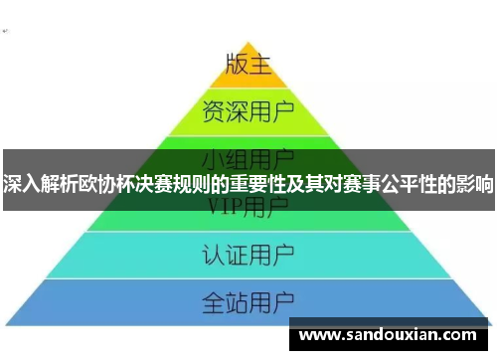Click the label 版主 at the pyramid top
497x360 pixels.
point(248,64)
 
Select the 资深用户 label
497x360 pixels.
point(248,107)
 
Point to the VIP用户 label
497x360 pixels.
point(248,206)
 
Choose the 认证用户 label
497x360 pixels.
point(248,253)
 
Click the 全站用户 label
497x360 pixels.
point(248,299)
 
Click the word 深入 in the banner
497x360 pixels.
point(22,185)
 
